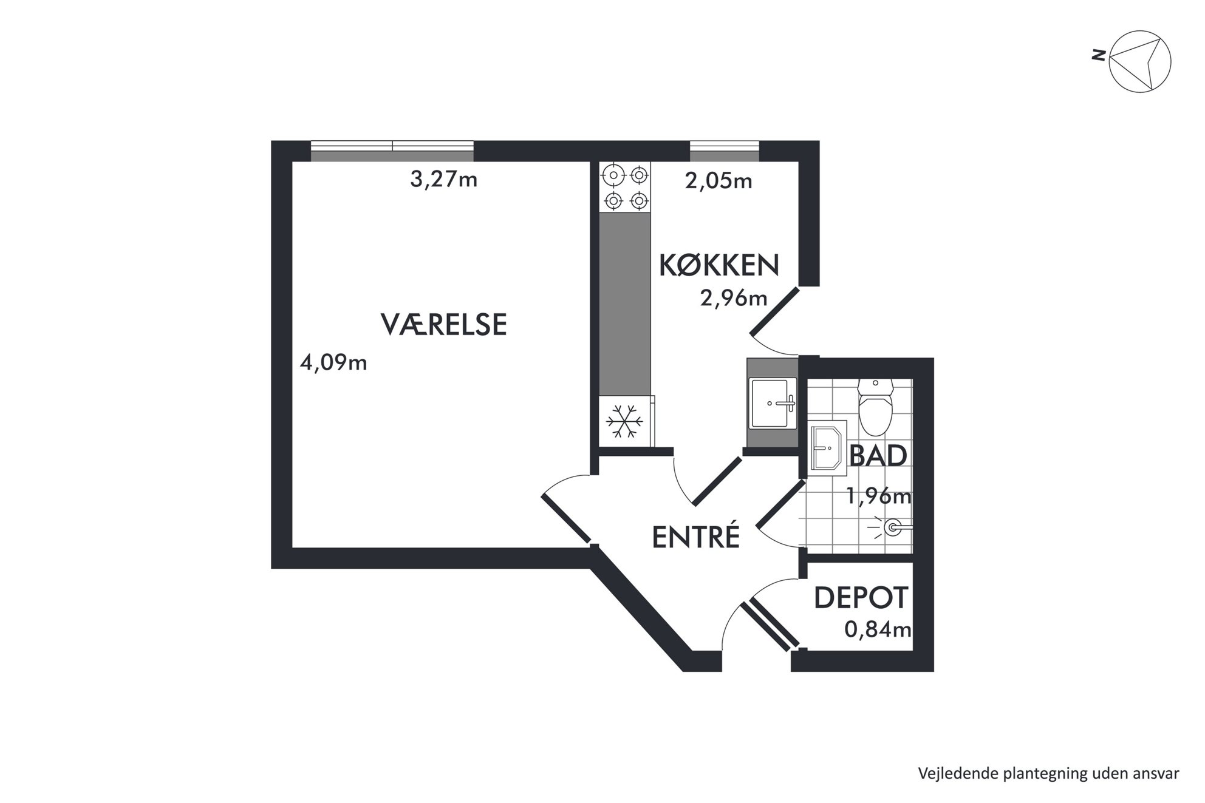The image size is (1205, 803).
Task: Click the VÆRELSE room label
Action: tap(443, 324)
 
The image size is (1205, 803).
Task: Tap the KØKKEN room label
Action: tap(719, 266)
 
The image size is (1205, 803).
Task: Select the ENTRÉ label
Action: tap(696, 537)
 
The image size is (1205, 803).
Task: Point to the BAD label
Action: tap(878, 455)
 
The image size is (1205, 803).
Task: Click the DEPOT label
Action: tap(861, 598)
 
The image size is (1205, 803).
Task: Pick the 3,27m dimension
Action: tap(444, 180)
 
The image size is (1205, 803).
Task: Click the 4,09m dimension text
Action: tap(333, 363)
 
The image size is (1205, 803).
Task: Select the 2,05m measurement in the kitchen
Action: tap(719, 181)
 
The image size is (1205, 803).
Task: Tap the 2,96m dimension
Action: tap(734, 298)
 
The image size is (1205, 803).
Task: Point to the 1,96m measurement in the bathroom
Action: tap(879, 496)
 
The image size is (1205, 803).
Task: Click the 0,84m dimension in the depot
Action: tap(878, 629)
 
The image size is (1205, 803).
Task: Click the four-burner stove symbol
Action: tap(625, 187)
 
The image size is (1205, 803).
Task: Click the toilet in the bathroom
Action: tap(875, 407)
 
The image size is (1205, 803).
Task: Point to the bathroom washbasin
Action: tap(827, 448)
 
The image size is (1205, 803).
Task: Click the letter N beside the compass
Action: tap(1098, 55)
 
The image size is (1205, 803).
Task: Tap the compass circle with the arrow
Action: tap(1140, 62)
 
